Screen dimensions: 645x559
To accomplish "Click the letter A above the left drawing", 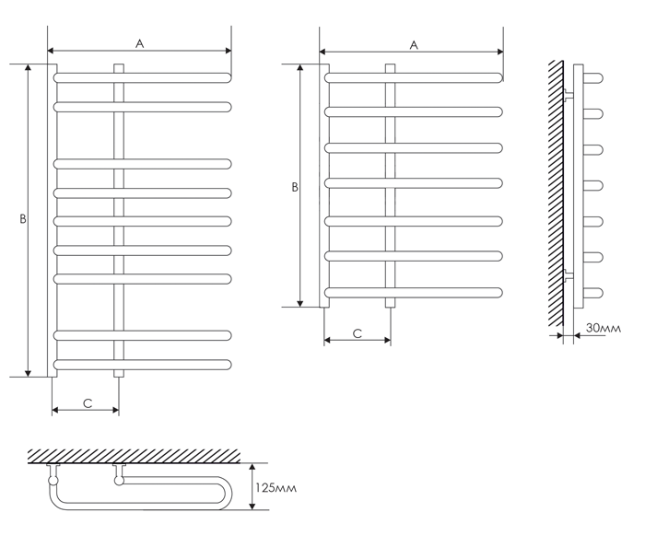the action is tap(140, 43).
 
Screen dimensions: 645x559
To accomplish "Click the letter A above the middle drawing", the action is tap(414, 45).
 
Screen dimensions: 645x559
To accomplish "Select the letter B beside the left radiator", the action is tap(23, 219).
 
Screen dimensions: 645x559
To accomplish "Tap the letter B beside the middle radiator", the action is tap(295, 188).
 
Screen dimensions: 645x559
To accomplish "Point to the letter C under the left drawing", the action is tap(88, 403).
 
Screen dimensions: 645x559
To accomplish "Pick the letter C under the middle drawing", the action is tap(358, 333).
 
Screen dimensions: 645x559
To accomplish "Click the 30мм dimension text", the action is tap(604, 328).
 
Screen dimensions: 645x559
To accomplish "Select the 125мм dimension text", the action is tap(276, 488).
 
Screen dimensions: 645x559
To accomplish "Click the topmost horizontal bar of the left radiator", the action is tap(142, 77).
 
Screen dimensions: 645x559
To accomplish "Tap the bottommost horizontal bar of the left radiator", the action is tap(142, 365).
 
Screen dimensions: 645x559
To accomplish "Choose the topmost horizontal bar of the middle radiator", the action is tap(414, 77).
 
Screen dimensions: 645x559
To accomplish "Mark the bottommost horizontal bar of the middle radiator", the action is tap(414, 293).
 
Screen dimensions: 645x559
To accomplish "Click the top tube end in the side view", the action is tap(593, 77).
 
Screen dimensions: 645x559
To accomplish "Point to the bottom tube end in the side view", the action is tap(593, 293).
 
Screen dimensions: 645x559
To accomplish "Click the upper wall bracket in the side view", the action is tap(569, 94).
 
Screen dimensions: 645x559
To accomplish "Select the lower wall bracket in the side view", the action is tap(569, 274).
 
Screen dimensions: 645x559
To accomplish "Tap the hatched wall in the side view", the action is tap(556, 193).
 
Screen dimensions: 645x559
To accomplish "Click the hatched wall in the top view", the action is tap(135, 456).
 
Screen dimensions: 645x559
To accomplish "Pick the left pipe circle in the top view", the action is tap(53, 480).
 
